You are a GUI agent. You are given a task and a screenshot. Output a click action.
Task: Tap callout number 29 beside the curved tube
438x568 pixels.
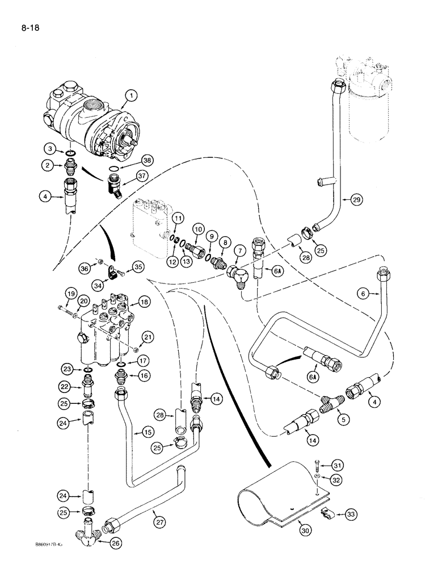pos(357,199)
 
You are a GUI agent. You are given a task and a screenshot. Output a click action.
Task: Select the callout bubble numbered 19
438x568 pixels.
pos(70,293)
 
